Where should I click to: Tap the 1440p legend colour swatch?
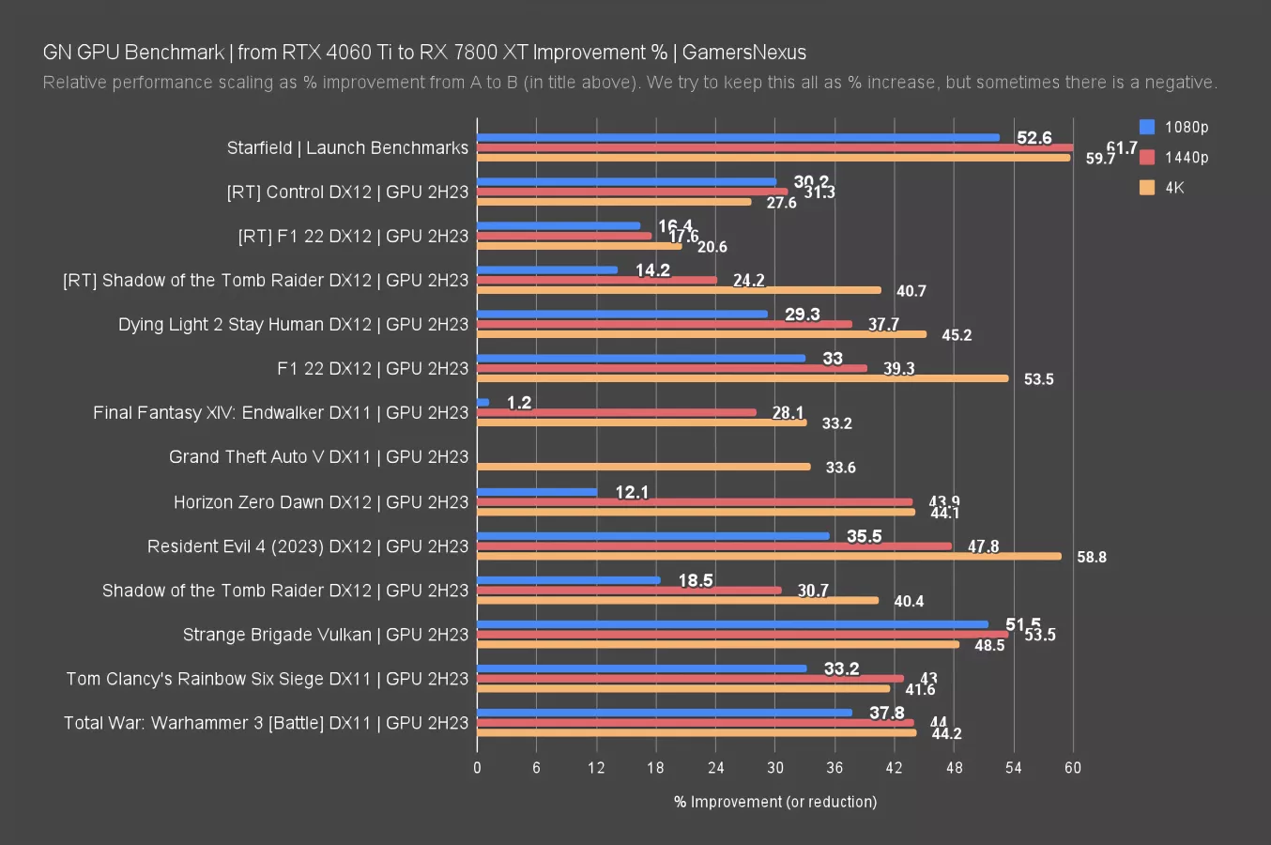click(x=1147, y=158)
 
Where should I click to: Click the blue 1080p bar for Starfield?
click(x=738, y=137)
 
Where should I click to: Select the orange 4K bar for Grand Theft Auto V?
click(x=644, y=467)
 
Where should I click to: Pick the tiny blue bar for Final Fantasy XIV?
click(x=483, y=403)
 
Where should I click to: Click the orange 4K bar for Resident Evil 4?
click(x=769, y=556)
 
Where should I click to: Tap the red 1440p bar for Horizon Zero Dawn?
click(x=695, y=502)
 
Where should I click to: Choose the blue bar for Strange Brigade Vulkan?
click(x=732, y=624)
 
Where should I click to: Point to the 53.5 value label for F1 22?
click(x=1038, y=379)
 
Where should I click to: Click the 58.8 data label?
click(x=1092, y=557)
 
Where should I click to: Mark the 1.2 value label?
click(x=519, y=403)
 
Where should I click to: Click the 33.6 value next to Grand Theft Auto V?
click(x=840, y=468)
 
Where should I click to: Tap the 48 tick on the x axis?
click(x=954, y=768)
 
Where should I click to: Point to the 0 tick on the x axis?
click(x=477, y=768)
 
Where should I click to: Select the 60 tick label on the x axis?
click(x=1073, y=768)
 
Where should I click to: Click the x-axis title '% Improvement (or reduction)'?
click(x=775, y=802)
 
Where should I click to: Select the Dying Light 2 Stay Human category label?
click(x=293, y=325)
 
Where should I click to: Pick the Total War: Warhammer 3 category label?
click(x=266, y=723)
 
